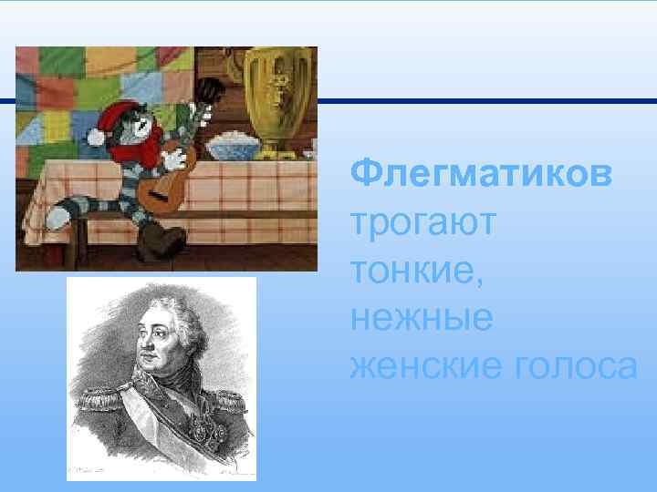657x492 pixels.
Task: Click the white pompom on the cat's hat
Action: tap(94, 138)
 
